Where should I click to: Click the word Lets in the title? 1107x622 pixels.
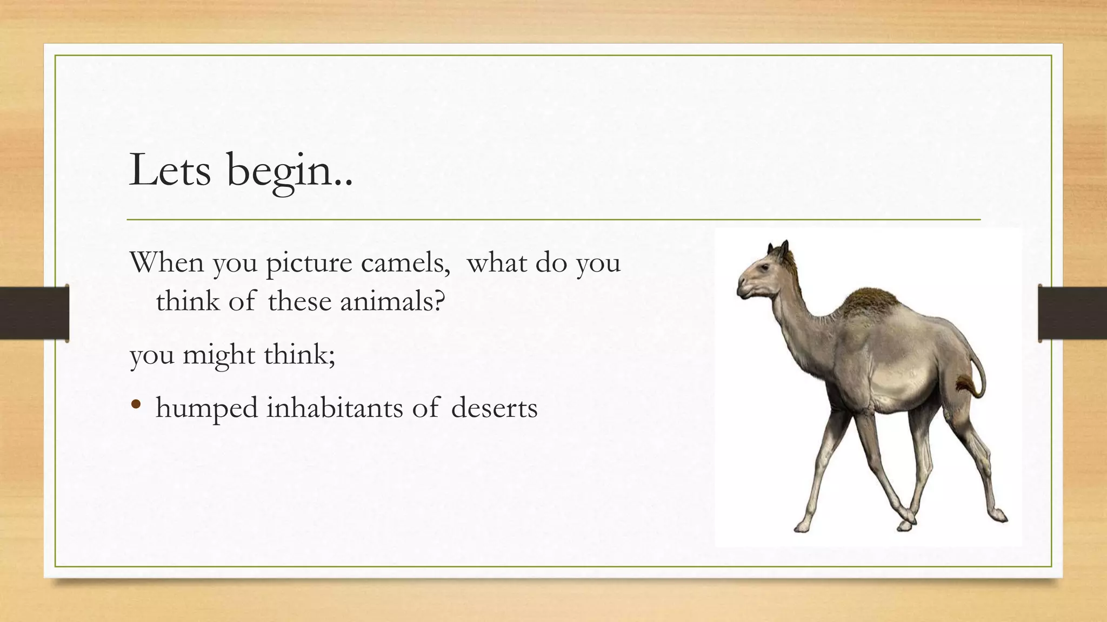170,170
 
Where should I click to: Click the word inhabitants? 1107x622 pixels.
335,408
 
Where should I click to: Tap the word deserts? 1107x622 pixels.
494,408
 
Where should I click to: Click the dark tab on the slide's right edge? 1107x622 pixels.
1072,313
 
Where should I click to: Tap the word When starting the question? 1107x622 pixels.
166,263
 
